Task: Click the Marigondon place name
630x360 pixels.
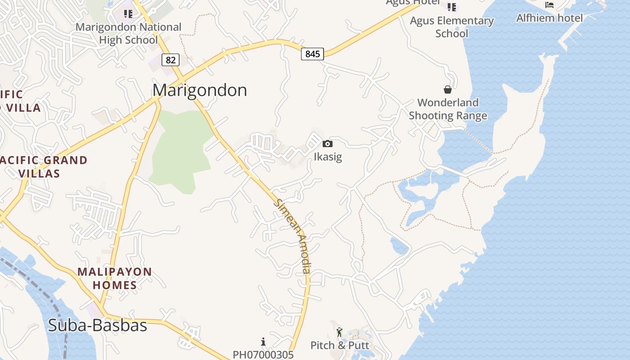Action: pyautogui.click(x=199, y=90)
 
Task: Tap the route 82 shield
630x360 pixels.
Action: pyautogui.click(x=171, y=59)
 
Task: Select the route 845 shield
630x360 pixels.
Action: pyautogui.click(x=312, y=54)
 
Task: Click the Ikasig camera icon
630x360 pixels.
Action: pyautogui.click(x=328, y=144)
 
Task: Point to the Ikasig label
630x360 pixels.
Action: pyautogui.click(x=328, y=157)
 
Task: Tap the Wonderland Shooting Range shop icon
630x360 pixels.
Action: pyautogui.click(x=447, y=90)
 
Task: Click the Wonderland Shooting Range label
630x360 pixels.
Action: pyautogui.click(x=448, y=109)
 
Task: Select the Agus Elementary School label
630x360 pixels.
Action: pyautogui.click(x=451, y=27)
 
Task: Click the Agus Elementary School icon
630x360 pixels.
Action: pyautogui.click(x=451, y=7)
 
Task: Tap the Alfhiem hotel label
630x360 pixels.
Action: pyautogui.click(x=549, y=18)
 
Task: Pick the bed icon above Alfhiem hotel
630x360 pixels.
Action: pyautogui.click(x=549, y=5)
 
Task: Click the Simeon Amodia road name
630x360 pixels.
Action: pyautogui.click(x=292, y=236)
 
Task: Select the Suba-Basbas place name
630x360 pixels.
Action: pyautogui.click(x=98, y=325)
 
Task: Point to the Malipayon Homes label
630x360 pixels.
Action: pyautogui.click(x=114, y=279)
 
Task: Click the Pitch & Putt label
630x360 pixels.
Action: pyautogui.click(x=340, y=345)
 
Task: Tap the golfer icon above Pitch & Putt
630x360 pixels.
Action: pyautogui.click(x=339, y=333)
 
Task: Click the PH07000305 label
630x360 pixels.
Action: pyautogui.click(x=263, y=355)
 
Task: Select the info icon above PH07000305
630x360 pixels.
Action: pyautogui.click(x=263, y=341)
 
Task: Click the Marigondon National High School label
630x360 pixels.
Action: pyautogui.click(x=128, y=33)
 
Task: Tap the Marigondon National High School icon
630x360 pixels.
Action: pyautogui.click(x=128, y=13)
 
